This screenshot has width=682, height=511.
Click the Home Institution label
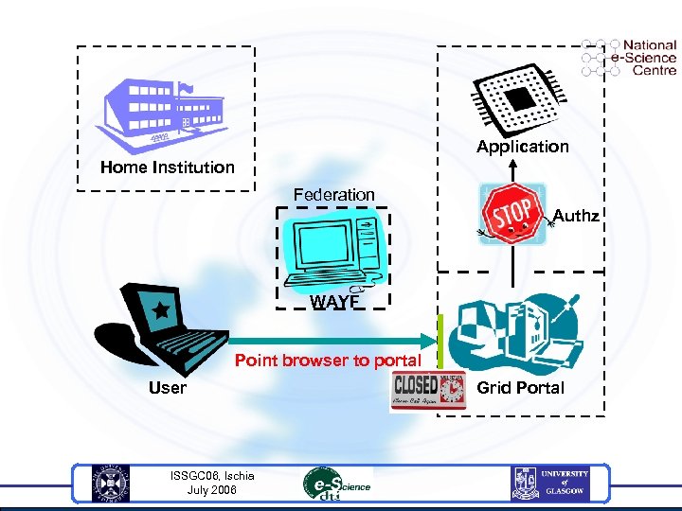click(168, 167)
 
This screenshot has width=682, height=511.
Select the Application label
click(523, 147)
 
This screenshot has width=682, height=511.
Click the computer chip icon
click(518, 96)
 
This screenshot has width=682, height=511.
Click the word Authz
click(576, 217)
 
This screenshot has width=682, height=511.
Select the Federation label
click(333, 195)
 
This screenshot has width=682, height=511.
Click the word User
click(168, 388)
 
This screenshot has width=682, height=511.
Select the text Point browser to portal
click(328, 361)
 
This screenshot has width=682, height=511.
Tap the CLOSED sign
click(429, 391)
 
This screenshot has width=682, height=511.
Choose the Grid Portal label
click(520, 388)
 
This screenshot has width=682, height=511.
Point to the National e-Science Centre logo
click(630, 58)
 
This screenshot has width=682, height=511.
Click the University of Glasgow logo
click(550, 484)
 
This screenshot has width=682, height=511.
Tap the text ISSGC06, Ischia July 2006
click(211, 483)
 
